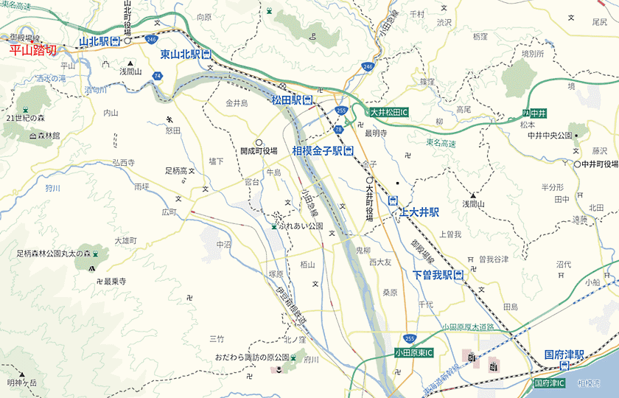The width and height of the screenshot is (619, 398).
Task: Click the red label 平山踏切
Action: [x=32, y=52]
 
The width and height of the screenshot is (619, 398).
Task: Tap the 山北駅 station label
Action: [x=95, y=42]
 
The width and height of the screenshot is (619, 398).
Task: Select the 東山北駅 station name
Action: [x=181, y=55]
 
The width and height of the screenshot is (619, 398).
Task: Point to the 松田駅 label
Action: [x=286, y=99]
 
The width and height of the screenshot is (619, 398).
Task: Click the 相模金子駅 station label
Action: [x=318, y=151]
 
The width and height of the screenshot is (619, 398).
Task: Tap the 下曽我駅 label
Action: [x=432, y=275]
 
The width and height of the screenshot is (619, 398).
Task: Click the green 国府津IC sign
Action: [x=549, y=383]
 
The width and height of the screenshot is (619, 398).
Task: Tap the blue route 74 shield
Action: [x=158, y=75]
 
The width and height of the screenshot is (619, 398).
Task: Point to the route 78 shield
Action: [x=338, y=129]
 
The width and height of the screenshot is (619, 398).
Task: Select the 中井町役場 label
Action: [x=598, y=164]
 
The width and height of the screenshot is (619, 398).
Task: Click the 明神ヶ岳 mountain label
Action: [x=22, y=383]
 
